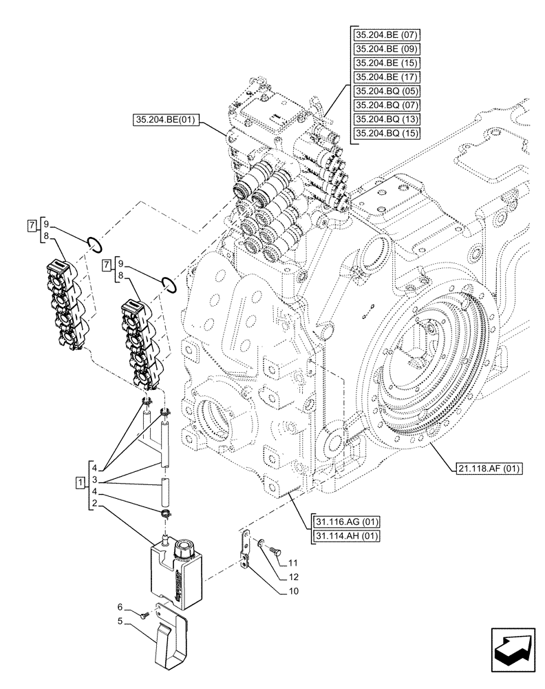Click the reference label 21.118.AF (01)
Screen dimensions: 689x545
[489, 469]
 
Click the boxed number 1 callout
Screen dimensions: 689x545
[81, 480]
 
